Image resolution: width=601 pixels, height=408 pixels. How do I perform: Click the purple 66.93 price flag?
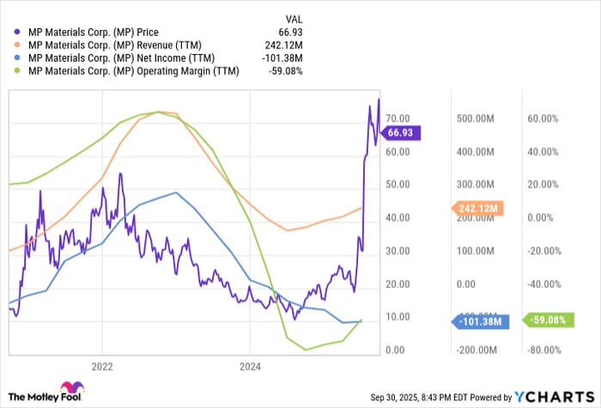click(404, 133)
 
